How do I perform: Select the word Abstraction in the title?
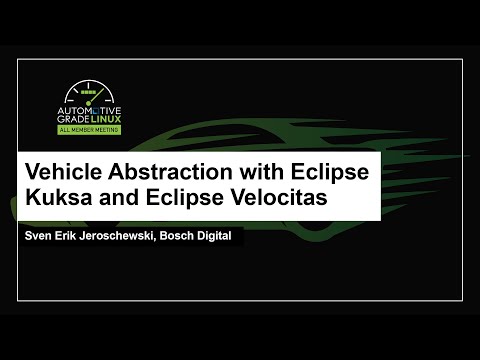click(x=163, y=172)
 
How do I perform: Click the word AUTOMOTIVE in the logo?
click(x=96, y=103)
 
